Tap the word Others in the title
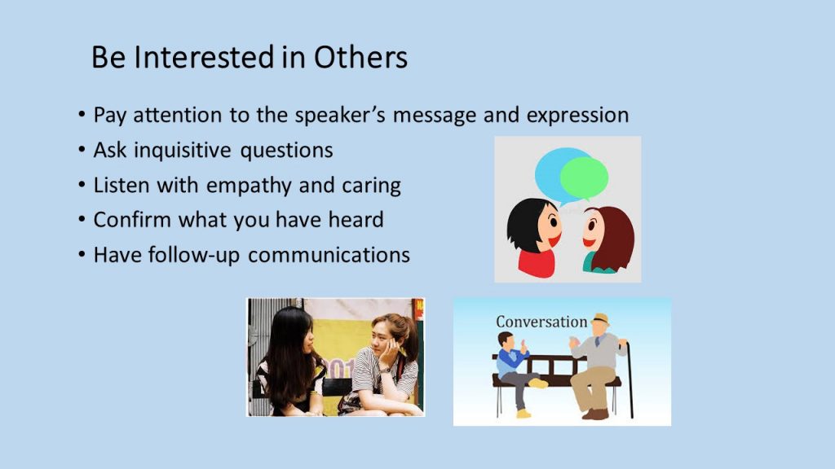tap(360, 58)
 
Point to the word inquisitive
tap(182, 151)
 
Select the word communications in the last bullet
tap(329, 255)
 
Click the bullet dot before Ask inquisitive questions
tap(82, 150)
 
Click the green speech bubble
tap(584, 178)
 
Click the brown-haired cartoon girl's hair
tap(612, 239)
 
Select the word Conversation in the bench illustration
tap(541, 322)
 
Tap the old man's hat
tap(600, 319)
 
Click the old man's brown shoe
tap(595, 414)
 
